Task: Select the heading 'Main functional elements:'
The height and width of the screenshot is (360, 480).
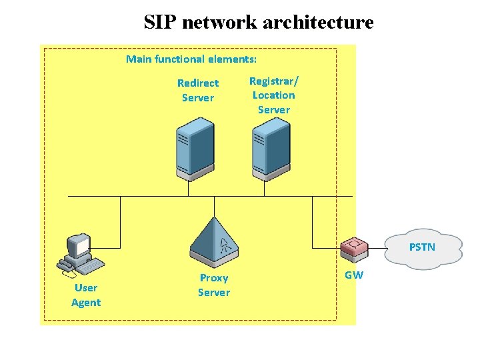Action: coord(191,59)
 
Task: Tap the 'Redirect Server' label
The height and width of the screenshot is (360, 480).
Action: coord(198,91)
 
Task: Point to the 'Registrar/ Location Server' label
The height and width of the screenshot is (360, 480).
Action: coord(274,95)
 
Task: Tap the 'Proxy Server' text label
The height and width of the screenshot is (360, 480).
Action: coord(213,285)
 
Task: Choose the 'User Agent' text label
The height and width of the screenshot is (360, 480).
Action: coord(86,295)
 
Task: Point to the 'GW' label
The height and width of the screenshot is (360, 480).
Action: coord(354,275)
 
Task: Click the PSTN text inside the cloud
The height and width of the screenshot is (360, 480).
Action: coord(422,247)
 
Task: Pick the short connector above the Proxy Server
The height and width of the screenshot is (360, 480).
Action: coord(214,207)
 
